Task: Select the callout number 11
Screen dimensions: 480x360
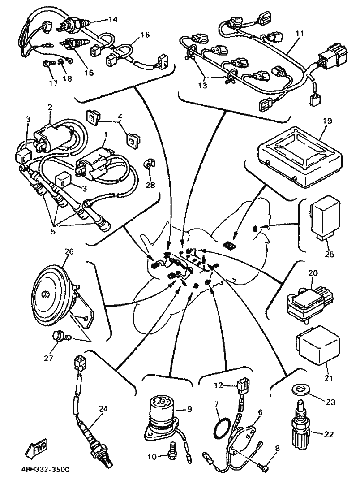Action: [300, 34]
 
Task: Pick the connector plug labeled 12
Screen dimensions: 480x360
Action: [243, 387]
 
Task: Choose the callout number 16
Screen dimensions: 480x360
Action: [146, 34]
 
